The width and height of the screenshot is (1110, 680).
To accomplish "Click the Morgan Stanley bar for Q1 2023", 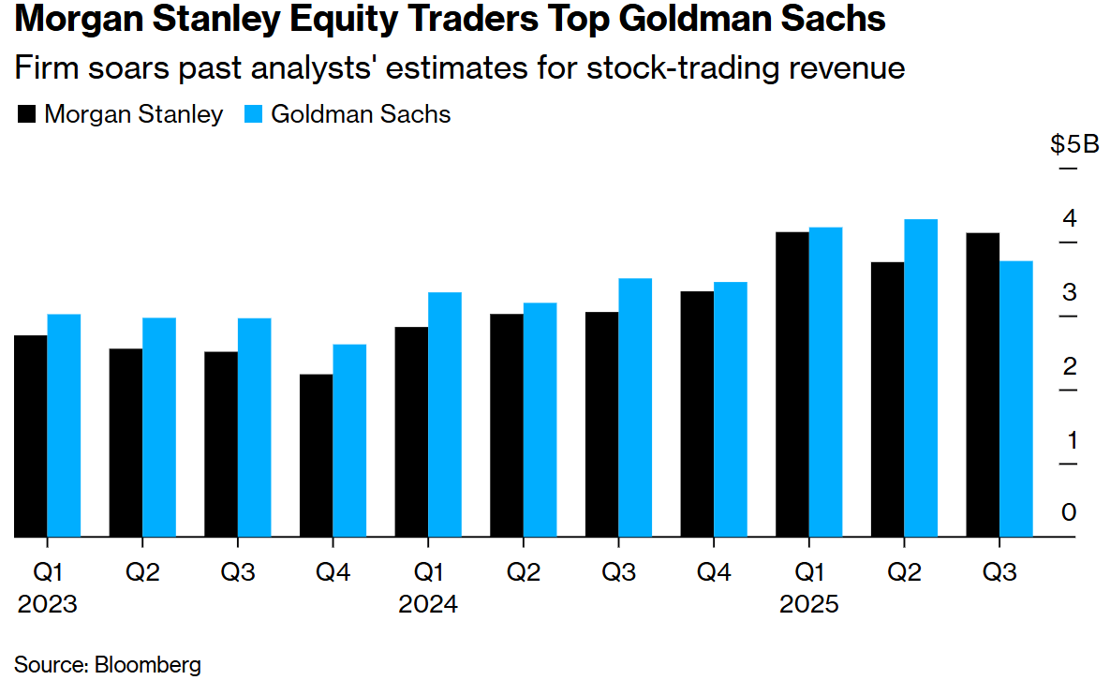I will click(30, 436).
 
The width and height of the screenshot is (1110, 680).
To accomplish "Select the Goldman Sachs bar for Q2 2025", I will click(921, 378).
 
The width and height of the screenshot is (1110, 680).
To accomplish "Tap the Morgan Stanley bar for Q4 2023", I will click(317, 456).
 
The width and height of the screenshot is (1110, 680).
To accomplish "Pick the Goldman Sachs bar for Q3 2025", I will click(1016, 399).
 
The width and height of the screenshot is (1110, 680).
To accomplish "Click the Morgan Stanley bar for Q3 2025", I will click(983, 385).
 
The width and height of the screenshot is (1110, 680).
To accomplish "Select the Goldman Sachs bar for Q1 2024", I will click(445, 415).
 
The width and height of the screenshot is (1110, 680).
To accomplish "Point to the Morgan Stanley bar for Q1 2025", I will click(792, 385).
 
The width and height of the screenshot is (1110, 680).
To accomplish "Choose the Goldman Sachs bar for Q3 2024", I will click(635, 408).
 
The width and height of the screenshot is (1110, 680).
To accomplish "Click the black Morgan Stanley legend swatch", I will click(27, 115).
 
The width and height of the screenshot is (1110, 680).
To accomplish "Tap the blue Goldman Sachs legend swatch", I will click(254, 115).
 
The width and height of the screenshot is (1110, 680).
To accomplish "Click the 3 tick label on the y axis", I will click(1069, 293).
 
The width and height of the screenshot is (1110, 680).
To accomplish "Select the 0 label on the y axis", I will click(1069, 513).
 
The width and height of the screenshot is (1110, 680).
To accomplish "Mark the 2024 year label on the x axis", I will click(428, 604).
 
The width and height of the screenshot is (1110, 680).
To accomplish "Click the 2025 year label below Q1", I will click(809, 604).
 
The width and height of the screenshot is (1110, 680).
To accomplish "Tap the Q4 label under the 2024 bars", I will click(714, 572).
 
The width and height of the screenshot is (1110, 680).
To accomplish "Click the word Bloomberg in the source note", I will click(147, 666).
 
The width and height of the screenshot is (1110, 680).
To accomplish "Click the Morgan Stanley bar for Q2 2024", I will click(507, 425).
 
